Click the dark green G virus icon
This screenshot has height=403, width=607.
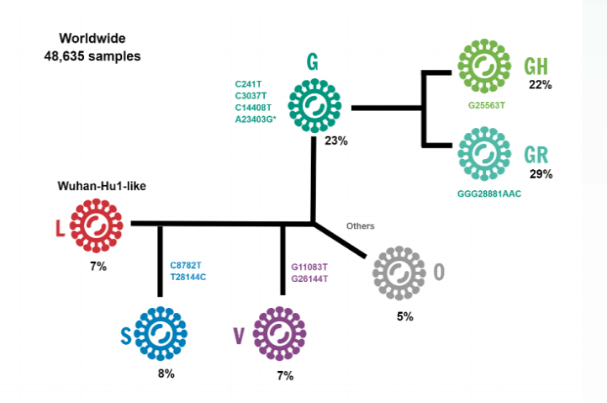click(x=315, y=103)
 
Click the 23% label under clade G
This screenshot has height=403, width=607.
click(x=335, y=141)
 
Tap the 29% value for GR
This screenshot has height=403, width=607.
click(x=540, y=174)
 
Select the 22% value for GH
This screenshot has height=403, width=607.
click(x=540, y=84)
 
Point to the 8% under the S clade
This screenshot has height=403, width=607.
click(x=166, y=374)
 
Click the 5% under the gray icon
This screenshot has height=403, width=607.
click(x=405, y=316)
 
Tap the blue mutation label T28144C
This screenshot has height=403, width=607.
click(x=188, y=278)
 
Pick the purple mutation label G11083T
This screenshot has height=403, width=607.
click(x=309, y=266)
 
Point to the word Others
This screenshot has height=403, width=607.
click(x=360, y=225)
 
